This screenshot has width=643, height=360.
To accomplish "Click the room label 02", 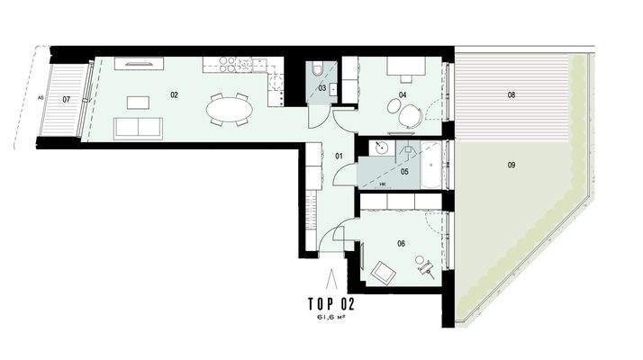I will pos(175,94).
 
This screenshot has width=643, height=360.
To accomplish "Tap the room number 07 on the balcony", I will pos(66,100).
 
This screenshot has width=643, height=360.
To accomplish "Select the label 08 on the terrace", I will pos(511,94).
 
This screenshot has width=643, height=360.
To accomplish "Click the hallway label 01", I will pos(340,157).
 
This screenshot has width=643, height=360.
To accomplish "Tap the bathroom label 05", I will pos(404,171).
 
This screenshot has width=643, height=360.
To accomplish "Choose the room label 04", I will pos(403,94).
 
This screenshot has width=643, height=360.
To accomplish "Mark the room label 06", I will pos(401,241).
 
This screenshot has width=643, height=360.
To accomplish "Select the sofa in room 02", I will pos(140,128).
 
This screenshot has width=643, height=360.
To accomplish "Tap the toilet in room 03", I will pos(318,70).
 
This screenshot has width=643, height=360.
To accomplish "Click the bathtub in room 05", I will pos(434,165).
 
